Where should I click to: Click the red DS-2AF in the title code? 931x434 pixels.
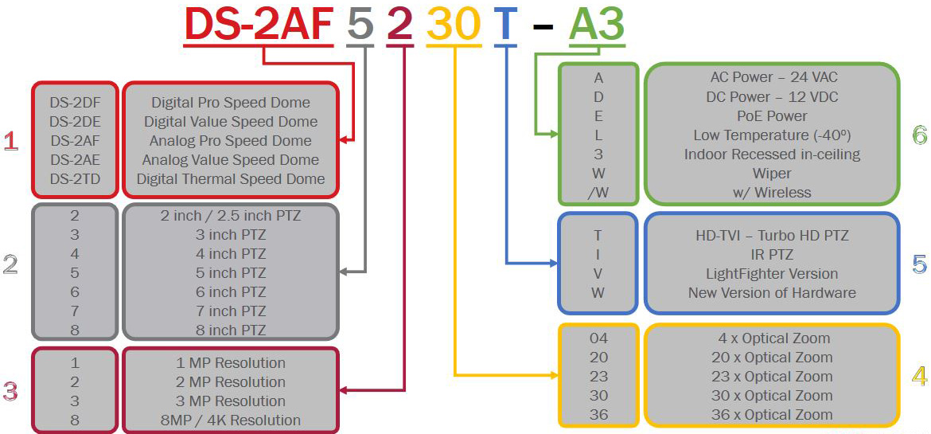(x=258, y=25)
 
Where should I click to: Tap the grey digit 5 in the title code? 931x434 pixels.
(x=360, y=25)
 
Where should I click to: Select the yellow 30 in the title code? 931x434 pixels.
(x=453, y=25)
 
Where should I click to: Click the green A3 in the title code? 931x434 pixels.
(x=597, y=25)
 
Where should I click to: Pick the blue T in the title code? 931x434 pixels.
(x=505, y=25)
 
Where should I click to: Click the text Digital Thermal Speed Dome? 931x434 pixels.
(x=231, y=179)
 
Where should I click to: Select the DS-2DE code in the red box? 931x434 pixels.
(x=75, y=122)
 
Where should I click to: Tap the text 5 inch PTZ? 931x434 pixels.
(x=231, y=273)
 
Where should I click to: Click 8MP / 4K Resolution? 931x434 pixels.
(x=231, y=420)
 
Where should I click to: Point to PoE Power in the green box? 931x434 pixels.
(x=772, y=116)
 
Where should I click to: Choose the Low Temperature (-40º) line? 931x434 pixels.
(x=772, y=135)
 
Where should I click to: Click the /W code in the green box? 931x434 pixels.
(x=598, y=193)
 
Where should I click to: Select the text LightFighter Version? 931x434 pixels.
(x=772, y=274)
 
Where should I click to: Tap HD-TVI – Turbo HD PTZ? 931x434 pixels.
(x=772, y=236)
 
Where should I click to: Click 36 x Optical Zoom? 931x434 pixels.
(x=772, y=415)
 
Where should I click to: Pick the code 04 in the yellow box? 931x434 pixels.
(x=598, y=338)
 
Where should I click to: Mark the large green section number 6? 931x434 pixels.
(x=919, y=135)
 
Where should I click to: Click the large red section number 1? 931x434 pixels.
(x=10, y=142)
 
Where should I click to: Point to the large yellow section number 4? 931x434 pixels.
(x=919, y=376)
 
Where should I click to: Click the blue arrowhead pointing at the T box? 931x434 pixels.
(x=552, y=262)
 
